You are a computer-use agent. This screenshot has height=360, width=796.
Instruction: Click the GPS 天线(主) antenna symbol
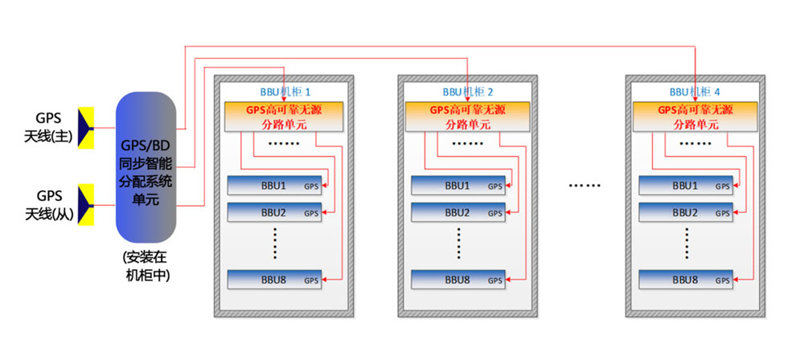pos(85,127)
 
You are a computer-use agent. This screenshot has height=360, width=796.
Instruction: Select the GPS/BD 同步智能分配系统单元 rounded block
pos(146,167)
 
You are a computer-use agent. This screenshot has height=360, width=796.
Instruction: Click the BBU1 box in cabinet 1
pos(274,186)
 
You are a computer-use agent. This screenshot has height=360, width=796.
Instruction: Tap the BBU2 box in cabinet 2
pos(457,212)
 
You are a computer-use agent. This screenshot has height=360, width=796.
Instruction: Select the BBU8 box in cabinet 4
pos(685,280)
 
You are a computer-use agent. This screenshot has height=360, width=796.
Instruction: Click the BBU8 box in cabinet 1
pos(274,280)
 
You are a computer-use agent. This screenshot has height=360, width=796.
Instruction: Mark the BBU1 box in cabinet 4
pos(685,186)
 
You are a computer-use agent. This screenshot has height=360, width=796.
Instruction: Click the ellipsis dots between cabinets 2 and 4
pos(585,186)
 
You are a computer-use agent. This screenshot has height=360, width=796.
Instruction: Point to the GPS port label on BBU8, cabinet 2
pos(494,281)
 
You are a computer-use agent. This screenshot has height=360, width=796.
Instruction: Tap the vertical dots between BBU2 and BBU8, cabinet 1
pos(274,243)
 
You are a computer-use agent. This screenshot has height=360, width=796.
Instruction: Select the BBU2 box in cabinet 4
pos(685,212)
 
